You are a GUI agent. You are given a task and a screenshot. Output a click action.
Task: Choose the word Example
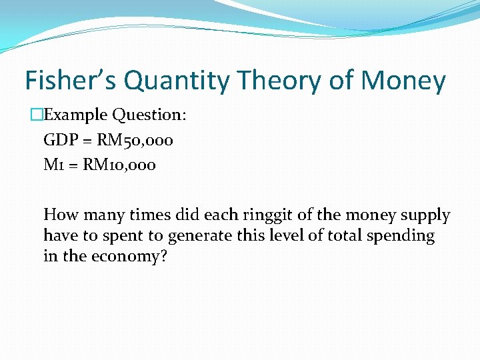point(75,115)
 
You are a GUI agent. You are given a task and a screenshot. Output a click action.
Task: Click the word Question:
point(149,115)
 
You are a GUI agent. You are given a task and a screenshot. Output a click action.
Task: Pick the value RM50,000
point(137,140)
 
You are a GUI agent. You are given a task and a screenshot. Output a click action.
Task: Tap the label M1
point(53,165)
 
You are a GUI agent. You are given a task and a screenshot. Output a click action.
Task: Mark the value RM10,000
point(119,165)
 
